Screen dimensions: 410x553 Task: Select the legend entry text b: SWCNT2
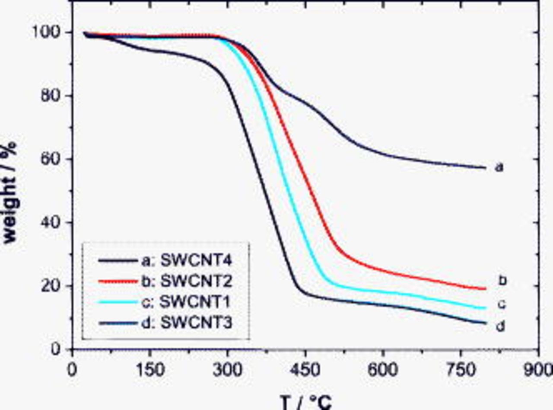(188, 281)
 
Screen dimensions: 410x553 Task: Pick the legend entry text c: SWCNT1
(188, 302)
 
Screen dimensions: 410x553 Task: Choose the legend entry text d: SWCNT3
(188, 323)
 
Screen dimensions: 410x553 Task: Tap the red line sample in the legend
(118, 282)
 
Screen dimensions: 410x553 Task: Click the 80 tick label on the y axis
(52, 96)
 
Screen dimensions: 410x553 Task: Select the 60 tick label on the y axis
(52, 159)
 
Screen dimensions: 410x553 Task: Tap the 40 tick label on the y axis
(52, 223)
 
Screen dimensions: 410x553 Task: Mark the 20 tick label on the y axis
(52, 286)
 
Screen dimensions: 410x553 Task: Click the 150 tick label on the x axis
(150, 370)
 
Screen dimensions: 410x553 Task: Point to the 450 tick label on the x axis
(305, 370)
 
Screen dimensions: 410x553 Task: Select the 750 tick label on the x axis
(461, 370)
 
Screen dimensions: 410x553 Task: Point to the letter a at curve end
(499, 167)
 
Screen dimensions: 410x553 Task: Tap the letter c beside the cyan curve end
(501, 305)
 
